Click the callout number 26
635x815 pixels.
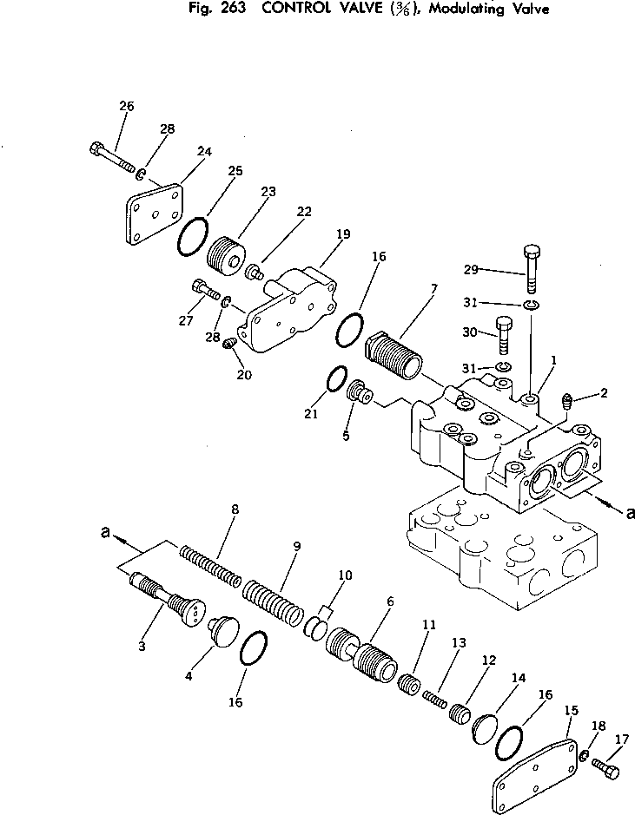[x=126, y=106]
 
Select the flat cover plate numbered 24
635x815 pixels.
[x=154, y=213]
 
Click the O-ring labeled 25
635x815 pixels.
[x=193, y=236]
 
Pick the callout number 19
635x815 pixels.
[x=343, y=233]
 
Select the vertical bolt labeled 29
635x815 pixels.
[x=532, y=270]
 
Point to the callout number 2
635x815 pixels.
[x=603, y=393]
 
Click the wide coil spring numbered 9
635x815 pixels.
[x=274, y=599]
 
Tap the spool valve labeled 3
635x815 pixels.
[x=168, y=601]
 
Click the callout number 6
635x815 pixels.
[x=390, y=601]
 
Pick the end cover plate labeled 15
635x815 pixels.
[x=536, y=776]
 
